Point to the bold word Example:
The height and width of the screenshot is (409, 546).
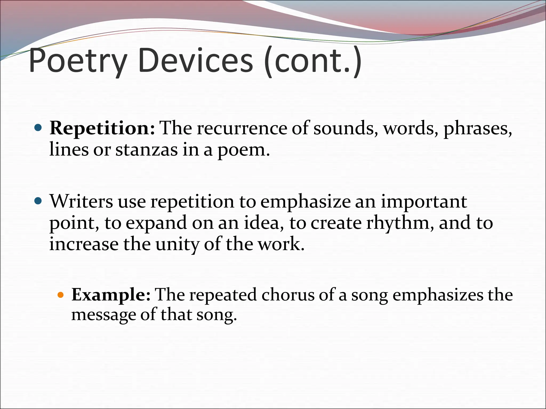(111, 295)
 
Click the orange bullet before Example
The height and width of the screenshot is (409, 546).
(61, 295)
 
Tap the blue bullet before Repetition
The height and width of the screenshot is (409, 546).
(38, 128)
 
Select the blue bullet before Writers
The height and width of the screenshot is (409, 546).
(38, 201)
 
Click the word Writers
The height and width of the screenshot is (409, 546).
(81, 202)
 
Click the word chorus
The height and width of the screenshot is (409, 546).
(288, 295)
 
